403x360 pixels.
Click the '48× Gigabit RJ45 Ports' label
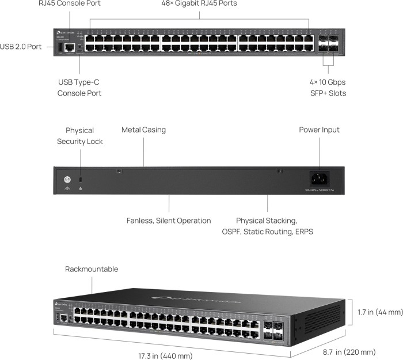coord(199,3)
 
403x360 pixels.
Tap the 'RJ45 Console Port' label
coord(77,3)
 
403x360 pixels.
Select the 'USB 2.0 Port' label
coord(21,47)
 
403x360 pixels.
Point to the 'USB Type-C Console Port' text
coord(79,88)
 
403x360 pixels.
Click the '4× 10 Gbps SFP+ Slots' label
coord(328,88)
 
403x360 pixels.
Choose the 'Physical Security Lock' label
coord(79,136)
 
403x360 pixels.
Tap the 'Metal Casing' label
coord(143,130)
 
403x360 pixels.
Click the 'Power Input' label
coord(319,130)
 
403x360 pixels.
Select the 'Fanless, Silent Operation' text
coord(169,221)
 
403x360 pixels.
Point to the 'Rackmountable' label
coord(92,269)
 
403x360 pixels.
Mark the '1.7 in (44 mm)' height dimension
coord(379,312)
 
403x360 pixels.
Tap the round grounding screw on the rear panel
coord(67,179)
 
